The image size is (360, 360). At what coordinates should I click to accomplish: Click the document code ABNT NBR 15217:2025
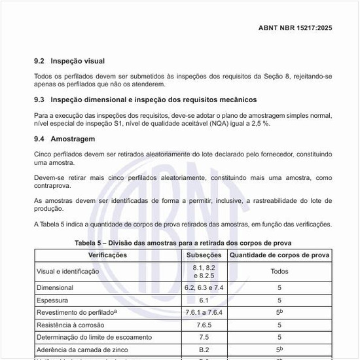tap(296, 29)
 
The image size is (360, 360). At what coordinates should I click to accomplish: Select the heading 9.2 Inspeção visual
tap(69, 61)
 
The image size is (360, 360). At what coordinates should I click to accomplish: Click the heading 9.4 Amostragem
tap(65, 139)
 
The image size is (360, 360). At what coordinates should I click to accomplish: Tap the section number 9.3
tap(39, 100)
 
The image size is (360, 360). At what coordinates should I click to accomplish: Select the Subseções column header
tap(204, 255)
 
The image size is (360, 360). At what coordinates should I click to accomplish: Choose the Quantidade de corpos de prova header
tap(279, 255)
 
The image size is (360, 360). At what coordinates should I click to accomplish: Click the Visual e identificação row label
tap(69, 271)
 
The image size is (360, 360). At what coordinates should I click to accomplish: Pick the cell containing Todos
tap(279, 271)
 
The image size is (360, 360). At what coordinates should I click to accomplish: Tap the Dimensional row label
tap(56, 287)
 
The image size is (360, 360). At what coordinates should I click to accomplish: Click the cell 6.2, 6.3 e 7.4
tap(204, 287)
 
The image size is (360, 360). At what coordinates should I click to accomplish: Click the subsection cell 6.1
tap(204, 300)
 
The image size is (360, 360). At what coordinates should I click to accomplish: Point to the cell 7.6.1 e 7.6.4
tap(204, 312)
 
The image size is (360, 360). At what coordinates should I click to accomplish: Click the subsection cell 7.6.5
tap(204, 325)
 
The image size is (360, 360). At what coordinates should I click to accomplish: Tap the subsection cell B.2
tap(204, 350)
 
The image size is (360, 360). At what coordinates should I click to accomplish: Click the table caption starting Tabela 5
tap(183, 243)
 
